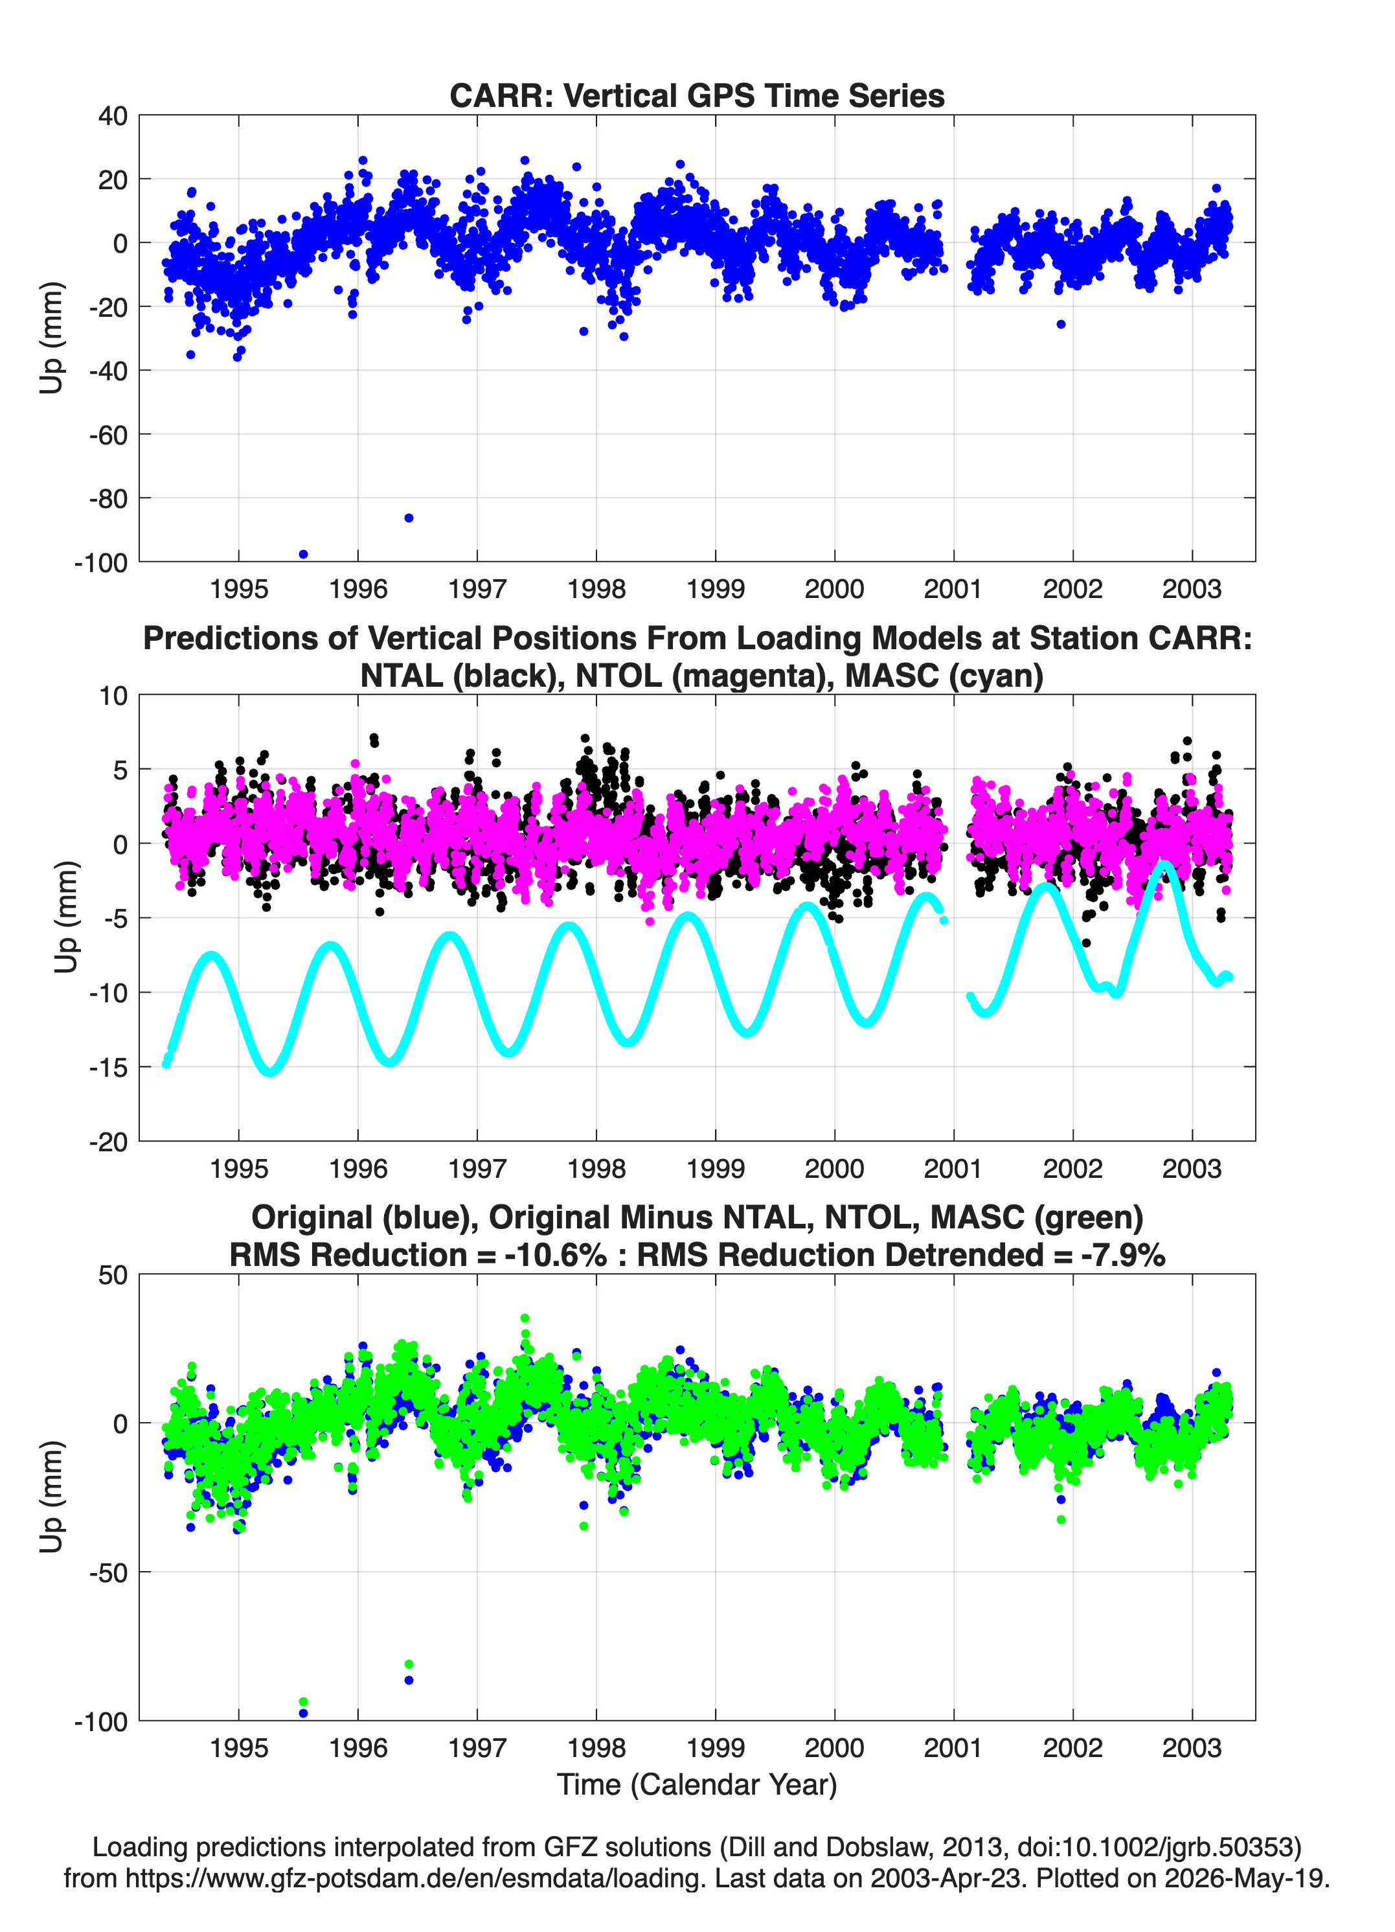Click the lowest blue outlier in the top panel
303,555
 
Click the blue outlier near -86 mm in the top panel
409,518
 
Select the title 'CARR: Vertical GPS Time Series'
697,95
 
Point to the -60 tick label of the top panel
108,435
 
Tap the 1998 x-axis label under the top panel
596,589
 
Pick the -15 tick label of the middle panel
108,1067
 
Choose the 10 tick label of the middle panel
113,696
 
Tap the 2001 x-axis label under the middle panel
953,1168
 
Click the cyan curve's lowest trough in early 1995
271,1071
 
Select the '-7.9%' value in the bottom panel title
1122,1255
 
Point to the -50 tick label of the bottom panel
108,1572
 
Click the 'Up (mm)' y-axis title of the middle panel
67,917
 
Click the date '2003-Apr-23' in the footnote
946,1878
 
